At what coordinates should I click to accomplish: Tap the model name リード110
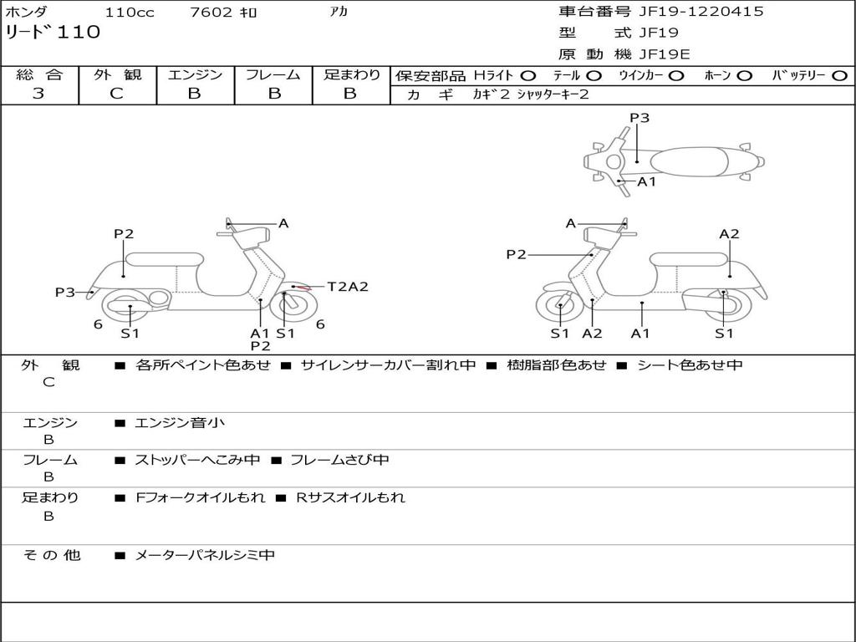[x=53, y=33]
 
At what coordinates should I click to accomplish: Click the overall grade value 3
[x=38, y=94]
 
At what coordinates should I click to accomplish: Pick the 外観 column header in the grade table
[x=117, y=74]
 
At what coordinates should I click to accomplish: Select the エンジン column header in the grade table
[x=195, y=74]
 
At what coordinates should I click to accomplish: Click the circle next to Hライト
[x=528, y=76]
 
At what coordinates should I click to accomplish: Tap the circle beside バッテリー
[x=839, y=76]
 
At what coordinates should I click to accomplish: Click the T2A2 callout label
[x=347, y=287]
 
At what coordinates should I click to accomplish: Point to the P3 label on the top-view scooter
[x=639, y=118]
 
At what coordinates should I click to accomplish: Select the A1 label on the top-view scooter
[x=647, y=181]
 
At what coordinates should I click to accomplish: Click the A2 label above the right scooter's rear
[x=729, y=234]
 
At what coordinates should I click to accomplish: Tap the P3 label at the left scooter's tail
[x=65, y=292]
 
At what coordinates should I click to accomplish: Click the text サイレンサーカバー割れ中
[x=388, y=364]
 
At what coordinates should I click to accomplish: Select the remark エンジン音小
[x=180, y=423]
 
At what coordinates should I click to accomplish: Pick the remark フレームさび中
[x=339, y=460]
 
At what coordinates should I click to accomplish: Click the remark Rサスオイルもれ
[x=350, y=497]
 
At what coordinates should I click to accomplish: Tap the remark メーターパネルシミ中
[x=205, y=555]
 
